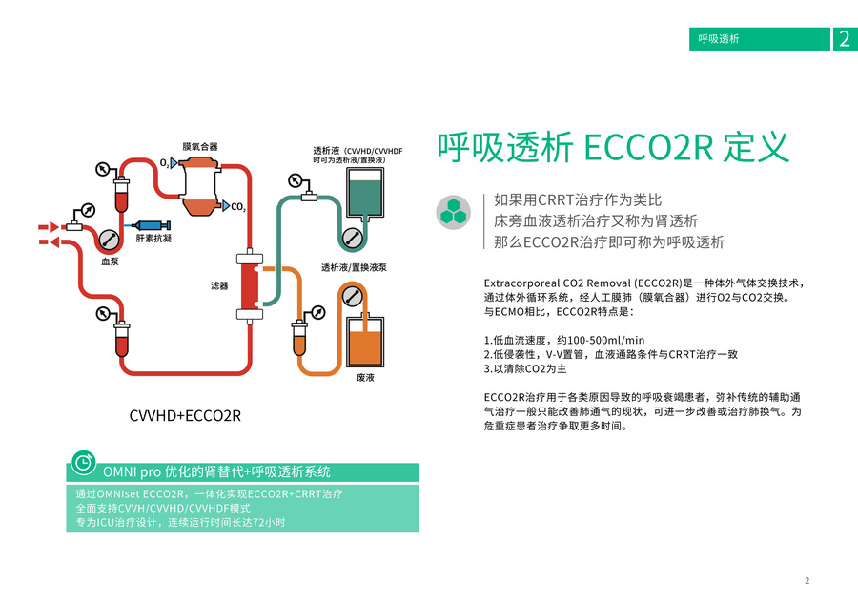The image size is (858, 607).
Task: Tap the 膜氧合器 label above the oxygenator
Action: (x=200, y=146)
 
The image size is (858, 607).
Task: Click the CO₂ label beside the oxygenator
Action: (x=238, y=207)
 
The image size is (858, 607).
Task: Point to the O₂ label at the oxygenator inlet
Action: (x=165, y=163)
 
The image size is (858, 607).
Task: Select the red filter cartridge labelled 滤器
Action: (x=249, y=286)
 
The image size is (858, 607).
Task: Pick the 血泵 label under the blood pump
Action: (x=110, y=260)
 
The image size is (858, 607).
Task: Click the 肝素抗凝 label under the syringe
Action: (x=153, y=240)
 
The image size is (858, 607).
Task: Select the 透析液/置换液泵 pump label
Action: (x=354, y=267)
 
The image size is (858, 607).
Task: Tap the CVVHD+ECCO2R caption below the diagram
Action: (x=185, y=416)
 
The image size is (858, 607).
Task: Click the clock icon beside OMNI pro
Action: (x=84, y=463)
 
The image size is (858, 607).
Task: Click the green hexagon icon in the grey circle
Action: (x=454, y=212)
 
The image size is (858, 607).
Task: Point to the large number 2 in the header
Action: (x=844, y=39)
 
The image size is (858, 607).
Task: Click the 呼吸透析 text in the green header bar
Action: (x=719, y=39)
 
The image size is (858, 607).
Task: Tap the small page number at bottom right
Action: (x=807, y=580)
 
